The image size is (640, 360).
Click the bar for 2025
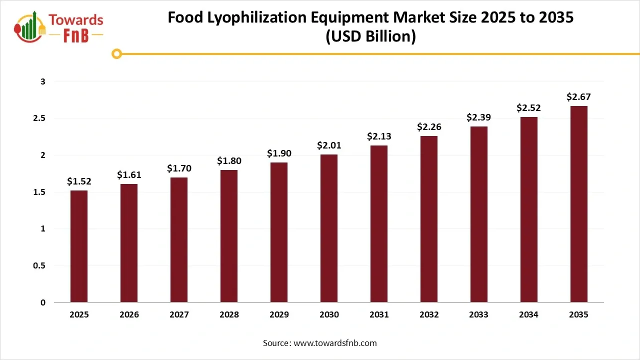(x=79, y=246)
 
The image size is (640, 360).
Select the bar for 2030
(x=329, y=228)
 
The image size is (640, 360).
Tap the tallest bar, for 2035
(x=579, y=204)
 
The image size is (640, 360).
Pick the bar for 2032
(x=429, y=219)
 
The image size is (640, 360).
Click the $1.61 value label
(x=129, y=174)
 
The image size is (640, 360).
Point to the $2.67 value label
(x=579, y=96)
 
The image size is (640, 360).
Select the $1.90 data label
(x=279, y=153)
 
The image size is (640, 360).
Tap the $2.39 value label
(x=479, y=117)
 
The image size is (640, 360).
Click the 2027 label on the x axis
(x=179, y=314)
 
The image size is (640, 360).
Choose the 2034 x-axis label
(x=529, y=314)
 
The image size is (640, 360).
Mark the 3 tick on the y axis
(x=43, y=81)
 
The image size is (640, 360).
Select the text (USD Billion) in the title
(x=370, y=37)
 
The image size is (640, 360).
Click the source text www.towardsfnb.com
(x=334, y=343)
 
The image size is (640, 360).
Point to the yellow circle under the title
(x=117, y=53)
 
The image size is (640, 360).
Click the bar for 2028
(x=229, y=236)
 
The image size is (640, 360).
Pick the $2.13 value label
(x=379, y=136)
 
